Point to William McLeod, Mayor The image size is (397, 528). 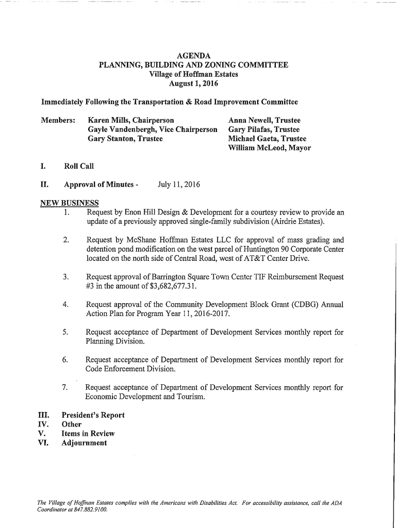[269, 148]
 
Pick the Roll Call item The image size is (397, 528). [79, 166]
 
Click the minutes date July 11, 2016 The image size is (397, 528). [179, 185]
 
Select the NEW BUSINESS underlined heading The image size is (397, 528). [69, 202]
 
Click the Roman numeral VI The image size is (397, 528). [43, 443]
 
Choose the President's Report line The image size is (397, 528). [93, 415]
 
